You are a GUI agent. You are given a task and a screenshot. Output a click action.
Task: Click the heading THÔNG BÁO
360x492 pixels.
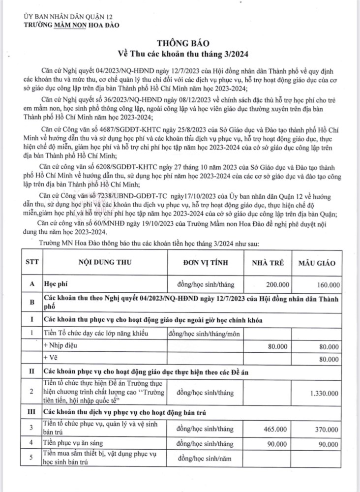click(180, 43)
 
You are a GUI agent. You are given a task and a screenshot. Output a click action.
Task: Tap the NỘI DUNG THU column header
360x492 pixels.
click(104, 263)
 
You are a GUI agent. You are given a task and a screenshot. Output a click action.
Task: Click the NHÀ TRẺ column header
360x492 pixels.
click(268, 263)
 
